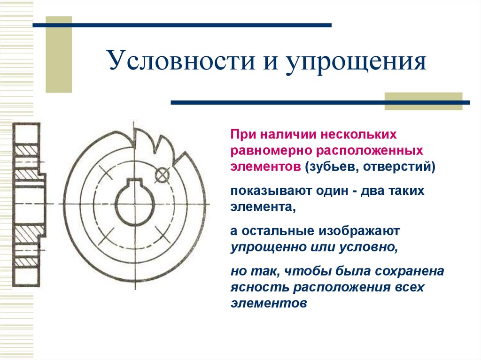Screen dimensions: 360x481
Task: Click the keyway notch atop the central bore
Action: pos(134,182)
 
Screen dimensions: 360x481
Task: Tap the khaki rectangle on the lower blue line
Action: pos(423,101)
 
